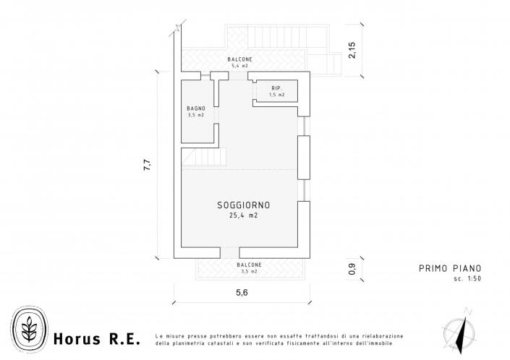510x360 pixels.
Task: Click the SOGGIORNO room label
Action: pyautogui.click(x=244, y=205)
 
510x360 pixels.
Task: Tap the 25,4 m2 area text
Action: pyautogui.click(x=244, y=215)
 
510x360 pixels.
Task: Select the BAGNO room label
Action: pyautogui.click(x=196, y=108)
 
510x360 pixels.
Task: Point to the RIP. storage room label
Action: pyautogui.click(x=277, y=88)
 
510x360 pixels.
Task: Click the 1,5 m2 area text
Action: pyautogui.click(x=277, y=95)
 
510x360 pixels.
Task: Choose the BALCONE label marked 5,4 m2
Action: pyautogui.click(x=239, y=59)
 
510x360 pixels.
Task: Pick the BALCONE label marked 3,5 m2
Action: pyautogui.click(x=249, y=265)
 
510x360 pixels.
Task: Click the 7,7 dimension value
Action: pyautogui.click(x=148, y=165)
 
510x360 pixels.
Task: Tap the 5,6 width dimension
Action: pyautogui.click(x=242, y=293)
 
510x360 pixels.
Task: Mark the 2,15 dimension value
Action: pyautogui.click(x=352, y=50)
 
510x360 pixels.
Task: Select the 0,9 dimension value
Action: pyautogui.click(x=352, y=269)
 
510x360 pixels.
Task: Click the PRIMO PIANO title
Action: pyautogui.click(x=450, y=268)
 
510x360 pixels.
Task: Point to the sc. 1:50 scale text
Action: pyautogui.click(x=468, y=278)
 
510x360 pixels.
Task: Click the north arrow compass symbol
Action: pyautogui.click(x=459, y=331)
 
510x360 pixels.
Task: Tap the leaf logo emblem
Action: pyautogui.click(x=29, y=329)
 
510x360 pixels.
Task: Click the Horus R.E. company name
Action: pyautogui.click(x=97, y=338)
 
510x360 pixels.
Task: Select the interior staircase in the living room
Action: pyautogui.click(x=203, y=157)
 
